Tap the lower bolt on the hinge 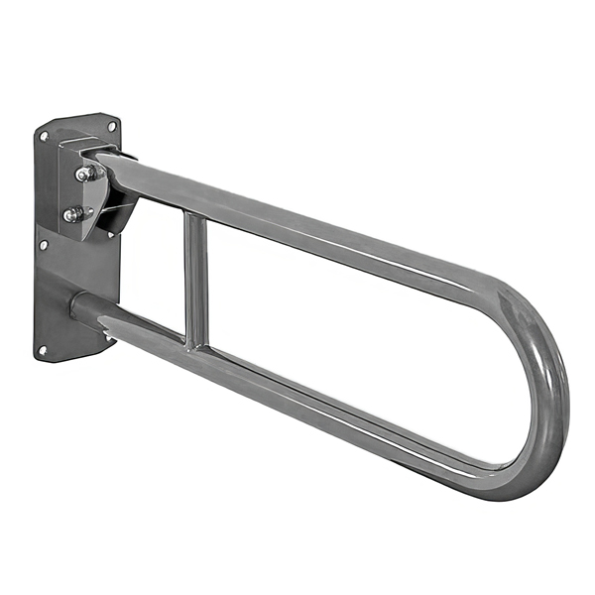pos(72,214)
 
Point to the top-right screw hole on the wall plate pos(111,126)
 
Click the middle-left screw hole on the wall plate pos(42,244)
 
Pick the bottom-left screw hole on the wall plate pos(43,349)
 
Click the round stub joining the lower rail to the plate pos(83,308)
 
